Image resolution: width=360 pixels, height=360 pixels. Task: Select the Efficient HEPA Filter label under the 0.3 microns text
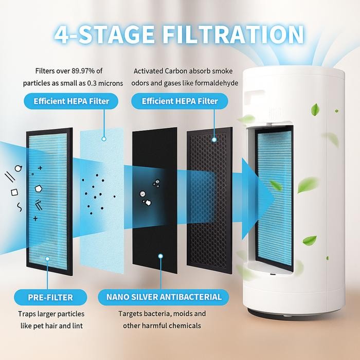(71, 101)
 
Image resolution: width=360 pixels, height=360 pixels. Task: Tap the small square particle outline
(14, 192)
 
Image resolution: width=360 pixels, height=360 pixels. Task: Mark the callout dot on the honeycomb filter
(215, 138)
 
